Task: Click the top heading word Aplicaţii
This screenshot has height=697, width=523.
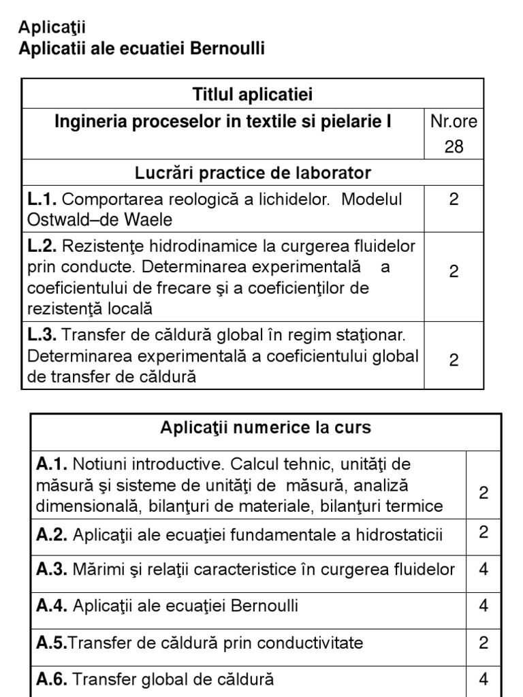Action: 52,27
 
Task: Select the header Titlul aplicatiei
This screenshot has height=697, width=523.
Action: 253,94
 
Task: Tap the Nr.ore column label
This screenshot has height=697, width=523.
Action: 454,122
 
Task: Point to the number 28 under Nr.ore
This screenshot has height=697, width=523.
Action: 454,147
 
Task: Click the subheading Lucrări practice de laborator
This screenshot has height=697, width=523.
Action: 253,173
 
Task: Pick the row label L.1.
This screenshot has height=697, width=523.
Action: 42,200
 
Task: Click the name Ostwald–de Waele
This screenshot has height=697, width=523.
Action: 99,220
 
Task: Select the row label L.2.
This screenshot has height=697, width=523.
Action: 42,245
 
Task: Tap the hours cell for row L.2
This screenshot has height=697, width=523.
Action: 454,272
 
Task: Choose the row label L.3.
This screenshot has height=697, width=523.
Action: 42,335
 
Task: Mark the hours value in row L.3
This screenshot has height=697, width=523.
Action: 454,359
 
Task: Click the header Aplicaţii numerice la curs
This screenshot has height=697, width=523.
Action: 266,428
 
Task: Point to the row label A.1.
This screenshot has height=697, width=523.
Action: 52,464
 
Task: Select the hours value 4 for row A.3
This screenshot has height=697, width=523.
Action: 484,569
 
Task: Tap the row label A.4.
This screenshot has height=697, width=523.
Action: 52,606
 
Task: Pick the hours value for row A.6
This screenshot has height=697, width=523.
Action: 484,679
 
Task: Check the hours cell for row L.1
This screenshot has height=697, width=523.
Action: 454,199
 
